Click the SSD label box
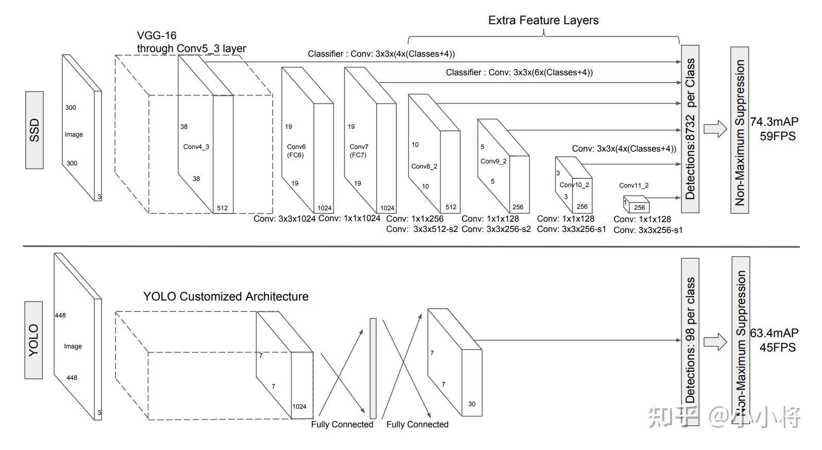35,130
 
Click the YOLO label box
34,340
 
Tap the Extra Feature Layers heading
543,21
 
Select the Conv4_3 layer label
196,147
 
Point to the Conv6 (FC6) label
296,151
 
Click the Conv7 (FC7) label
359,151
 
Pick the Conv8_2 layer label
424,166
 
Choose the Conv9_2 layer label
493,161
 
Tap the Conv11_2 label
634,186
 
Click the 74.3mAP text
774,122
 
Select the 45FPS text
777,347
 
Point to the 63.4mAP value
774,333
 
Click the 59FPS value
777,137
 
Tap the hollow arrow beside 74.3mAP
715,129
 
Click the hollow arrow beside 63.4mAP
715,341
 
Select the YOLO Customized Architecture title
226,296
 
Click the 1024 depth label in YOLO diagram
299,407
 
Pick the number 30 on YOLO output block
472,404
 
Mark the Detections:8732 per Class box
690,129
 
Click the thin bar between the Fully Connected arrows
373,368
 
